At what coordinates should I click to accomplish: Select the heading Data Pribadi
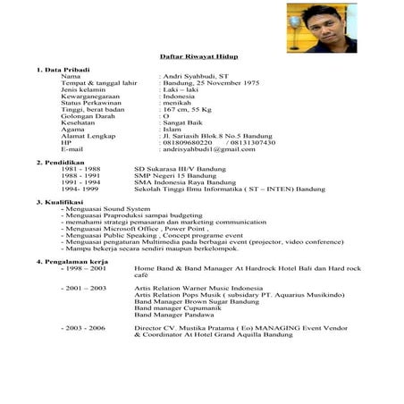64,69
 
